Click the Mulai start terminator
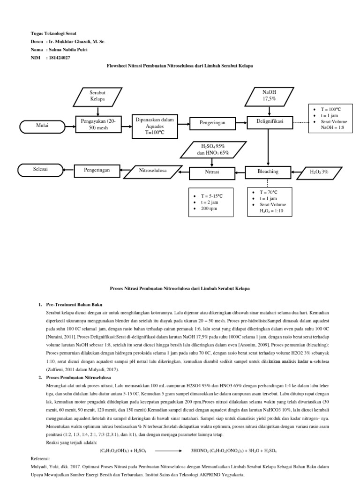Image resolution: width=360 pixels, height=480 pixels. coord(43,126)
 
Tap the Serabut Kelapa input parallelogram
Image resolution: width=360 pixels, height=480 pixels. coord(97,96)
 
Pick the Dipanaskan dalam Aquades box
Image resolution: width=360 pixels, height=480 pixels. coord(155,127)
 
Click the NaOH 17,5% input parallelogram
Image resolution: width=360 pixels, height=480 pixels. coord(269,96)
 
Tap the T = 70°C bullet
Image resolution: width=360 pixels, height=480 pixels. coord(269,192)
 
